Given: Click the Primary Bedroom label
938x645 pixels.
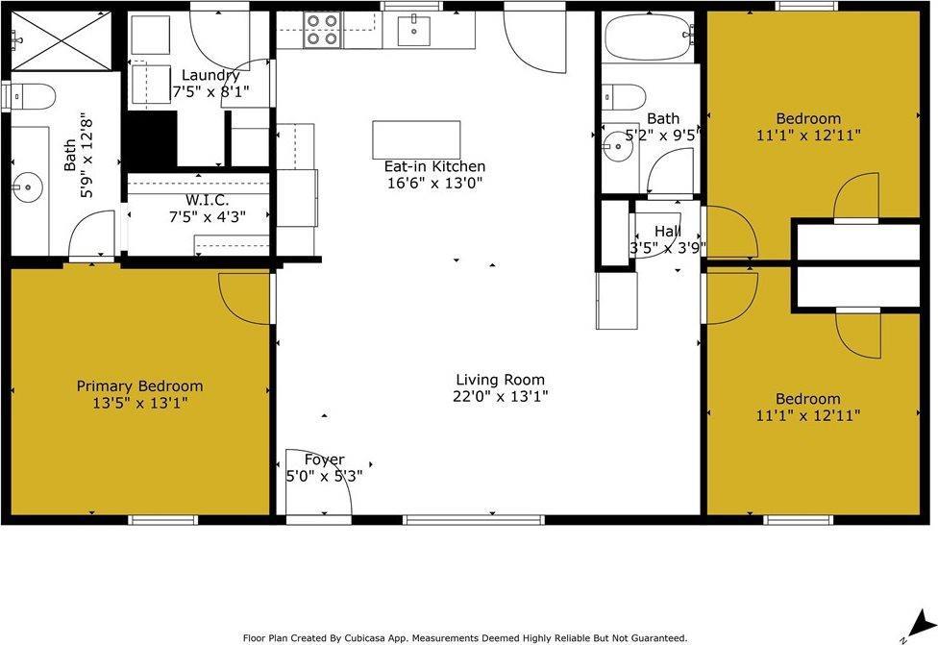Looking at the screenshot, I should [139, 386].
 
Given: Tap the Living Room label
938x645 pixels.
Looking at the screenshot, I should [500, 380].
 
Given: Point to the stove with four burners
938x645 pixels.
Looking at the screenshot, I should [322, 30].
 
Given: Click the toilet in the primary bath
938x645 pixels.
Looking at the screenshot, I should [34, 96].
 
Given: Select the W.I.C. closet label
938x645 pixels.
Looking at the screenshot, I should [207, 200].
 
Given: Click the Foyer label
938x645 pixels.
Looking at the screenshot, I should [324, 459].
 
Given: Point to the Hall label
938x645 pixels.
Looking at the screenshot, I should [668, 232].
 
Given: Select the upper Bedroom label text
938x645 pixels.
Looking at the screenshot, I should [808, 119].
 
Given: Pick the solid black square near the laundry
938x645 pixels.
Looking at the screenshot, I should [150, 139].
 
